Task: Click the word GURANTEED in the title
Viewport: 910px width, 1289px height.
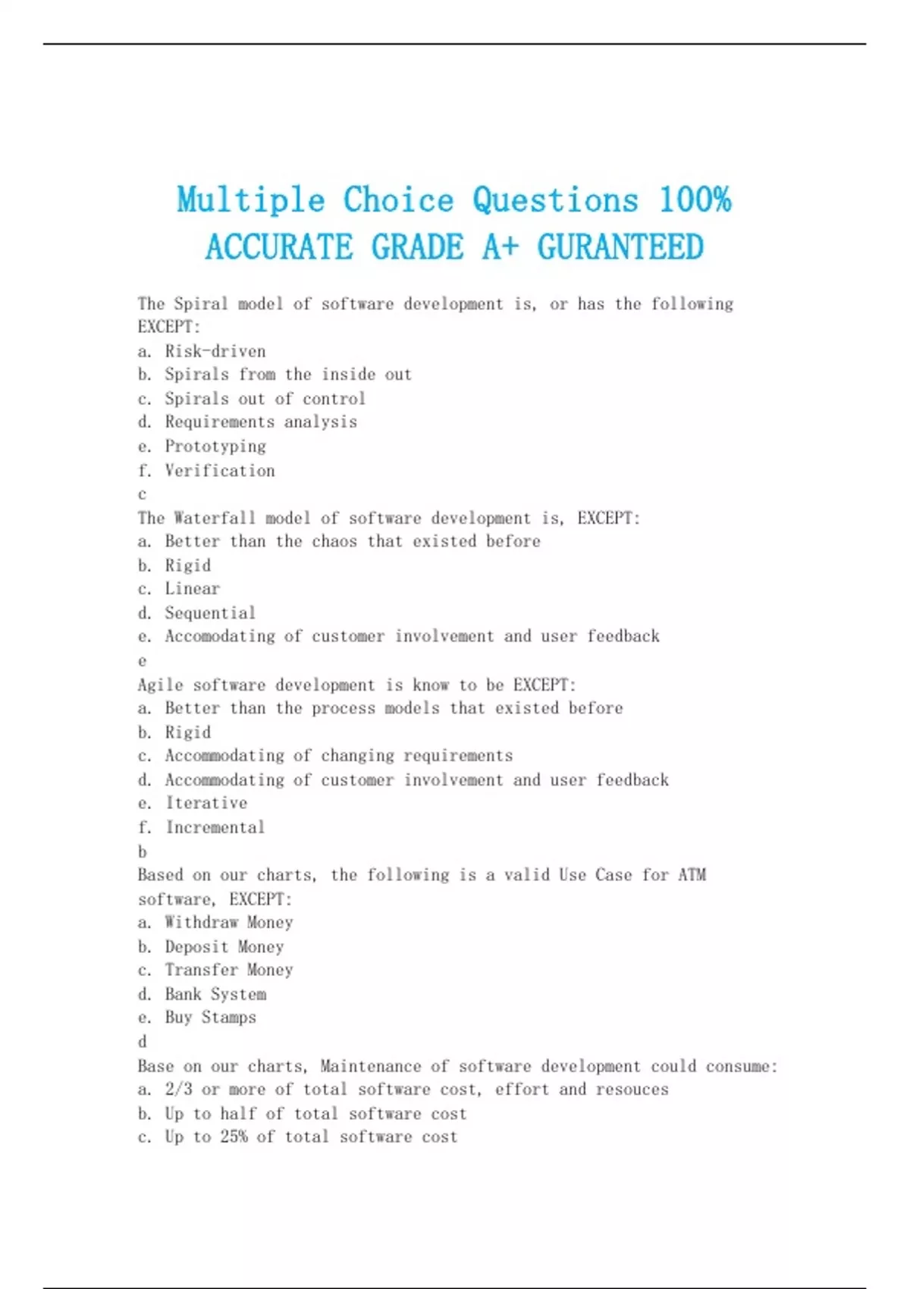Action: pyautogui.click(x=620, y=248)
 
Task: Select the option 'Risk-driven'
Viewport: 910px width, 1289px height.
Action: pyautogui.click(x=215, y=351)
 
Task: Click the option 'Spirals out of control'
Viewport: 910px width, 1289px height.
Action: pyautogui.click(x=265, y=399)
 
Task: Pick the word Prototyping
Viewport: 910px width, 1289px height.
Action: pyautogui.click(x=215, y=447)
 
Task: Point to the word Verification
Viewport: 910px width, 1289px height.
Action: pyautogui.click(x=220, y=471)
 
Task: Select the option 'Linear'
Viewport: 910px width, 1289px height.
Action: pyautogui.click(x=193, y=589)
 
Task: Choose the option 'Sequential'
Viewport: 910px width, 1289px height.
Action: pyautogui.click(x=210, y=613)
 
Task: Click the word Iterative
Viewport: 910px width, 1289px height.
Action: pyautogui.click(x=206, y=803)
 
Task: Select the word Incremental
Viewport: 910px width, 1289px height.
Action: pyautogui.click(x=215, y=827)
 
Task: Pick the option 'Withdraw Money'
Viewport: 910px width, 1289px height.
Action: pyautogui.click(x=228, y=923)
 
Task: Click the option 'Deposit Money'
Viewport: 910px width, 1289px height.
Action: pyautogui.click(x=224, y=947)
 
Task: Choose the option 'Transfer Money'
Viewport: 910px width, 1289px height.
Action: pyautogui.click(x=228, y=971)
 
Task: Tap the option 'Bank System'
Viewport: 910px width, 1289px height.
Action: pyautogui.click(x=215, y=994)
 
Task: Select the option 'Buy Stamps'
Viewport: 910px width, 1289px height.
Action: pyautogui.click(x=210, y=1018)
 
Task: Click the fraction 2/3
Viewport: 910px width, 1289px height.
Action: pyautogui.click(x=178, y=1090)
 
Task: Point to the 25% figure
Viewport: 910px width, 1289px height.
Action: pyautogui.click(x=234, y=1137)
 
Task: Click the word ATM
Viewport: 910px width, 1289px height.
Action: pyautogui.click(x=692, y=875)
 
